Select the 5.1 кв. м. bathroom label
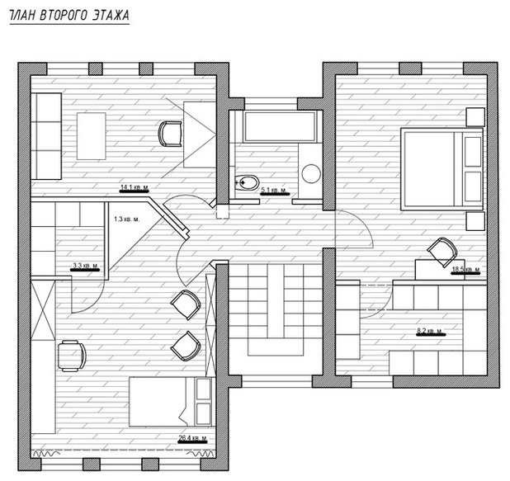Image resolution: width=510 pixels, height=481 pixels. (x=273, y=191)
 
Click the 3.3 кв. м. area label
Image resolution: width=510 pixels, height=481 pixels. (x=85, y=266)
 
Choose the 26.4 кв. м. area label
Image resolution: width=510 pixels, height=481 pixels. (x=191, y=437)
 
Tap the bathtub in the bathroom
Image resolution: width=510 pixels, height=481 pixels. (x=276, y=127)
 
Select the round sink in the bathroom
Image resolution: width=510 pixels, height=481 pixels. (x=311, y=173)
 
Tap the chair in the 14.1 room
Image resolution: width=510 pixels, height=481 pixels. (x=171, y=132)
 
